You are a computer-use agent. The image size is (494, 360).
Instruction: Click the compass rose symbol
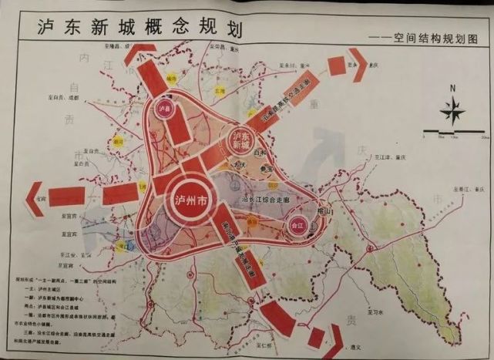[453, 113]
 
